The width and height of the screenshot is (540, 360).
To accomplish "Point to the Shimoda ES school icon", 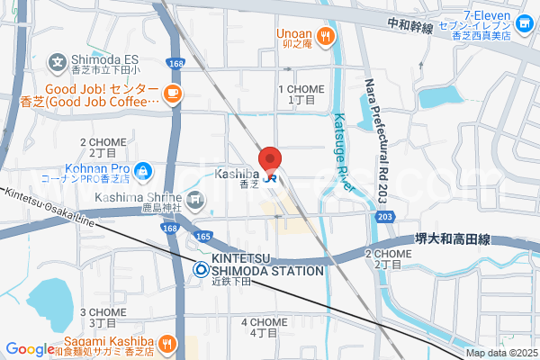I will click(x=58, y=64).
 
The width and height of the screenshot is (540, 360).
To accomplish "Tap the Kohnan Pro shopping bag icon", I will click(x=142, y=168).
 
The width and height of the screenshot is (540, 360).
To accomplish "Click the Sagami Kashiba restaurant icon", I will click(x=167, y=343).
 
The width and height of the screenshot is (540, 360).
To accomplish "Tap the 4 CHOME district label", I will click(x=265, y=328).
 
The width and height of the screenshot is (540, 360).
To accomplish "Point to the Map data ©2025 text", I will click(x=499, y=354).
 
